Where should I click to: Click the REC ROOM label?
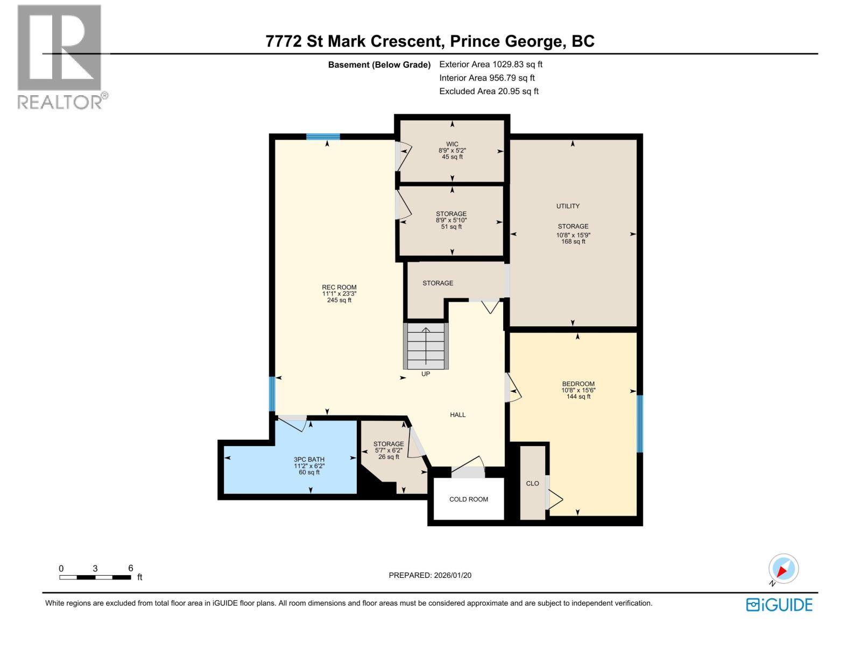click(x=339, y=287)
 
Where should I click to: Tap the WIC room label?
click(x=452, y=144)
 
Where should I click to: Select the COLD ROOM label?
click(x=468, y=499)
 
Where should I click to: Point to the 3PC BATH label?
click(x=309, y=460)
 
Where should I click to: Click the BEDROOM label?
click(x=578, y=384)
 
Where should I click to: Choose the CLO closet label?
click(x=532, y=484)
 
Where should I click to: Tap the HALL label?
click(x=457, y=415)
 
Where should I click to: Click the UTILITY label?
click(x=568, y=206)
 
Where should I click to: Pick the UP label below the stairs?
click(x=425, y=374)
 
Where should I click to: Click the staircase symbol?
click(x=426, y=346)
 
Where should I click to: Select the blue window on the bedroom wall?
click(x=639, y=424)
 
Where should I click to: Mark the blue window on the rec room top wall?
click(x=323, y=137)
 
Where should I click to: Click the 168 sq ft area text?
click(x=573, y=242)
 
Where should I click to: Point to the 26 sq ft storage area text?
click(x=389, y=457)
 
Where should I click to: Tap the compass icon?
click(x=783, y=569)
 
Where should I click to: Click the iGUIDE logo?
click(x=779, y=605)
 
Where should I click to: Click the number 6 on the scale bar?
click(x=131, y=568)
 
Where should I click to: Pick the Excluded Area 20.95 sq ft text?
click(x=489, y=91)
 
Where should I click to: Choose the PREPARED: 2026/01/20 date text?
click(x=430, y=575)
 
